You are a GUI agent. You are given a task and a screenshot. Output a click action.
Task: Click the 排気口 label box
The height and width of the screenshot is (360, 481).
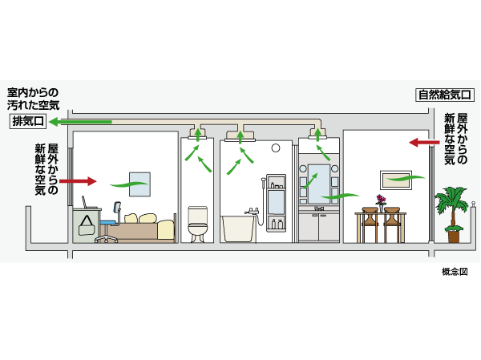point(26,122)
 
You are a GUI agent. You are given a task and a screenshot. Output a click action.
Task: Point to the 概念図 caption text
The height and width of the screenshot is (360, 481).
point(454,272)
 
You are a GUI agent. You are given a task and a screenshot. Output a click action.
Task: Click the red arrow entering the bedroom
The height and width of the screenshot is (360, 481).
point(77,182)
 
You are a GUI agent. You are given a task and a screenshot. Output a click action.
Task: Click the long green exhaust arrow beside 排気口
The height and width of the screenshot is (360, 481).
point(80,122)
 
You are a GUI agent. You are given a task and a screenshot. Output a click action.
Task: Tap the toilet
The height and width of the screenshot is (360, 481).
point(197,224)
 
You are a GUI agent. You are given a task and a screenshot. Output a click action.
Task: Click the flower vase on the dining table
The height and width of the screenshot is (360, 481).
point(381,202)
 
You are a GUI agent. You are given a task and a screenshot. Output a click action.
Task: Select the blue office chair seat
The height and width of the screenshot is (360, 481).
point(109,222)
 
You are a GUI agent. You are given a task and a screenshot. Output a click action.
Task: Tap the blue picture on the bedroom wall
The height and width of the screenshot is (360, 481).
point(139,182)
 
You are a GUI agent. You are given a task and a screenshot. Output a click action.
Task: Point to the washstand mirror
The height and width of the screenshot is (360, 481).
point(319,180)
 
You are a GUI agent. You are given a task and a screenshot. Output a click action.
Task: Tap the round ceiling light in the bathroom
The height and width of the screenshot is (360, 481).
point(275,148)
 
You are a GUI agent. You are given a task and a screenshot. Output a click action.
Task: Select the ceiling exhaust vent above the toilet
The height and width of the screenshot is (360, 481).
point(197,134)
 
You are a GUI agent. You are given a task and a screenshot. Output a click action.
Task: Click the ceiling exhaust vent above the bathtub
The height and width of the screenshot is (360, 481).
point(242,135)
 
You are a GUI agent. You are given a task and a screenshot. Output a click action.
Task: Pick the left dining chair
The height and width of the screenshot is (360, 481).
point(370,224)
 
